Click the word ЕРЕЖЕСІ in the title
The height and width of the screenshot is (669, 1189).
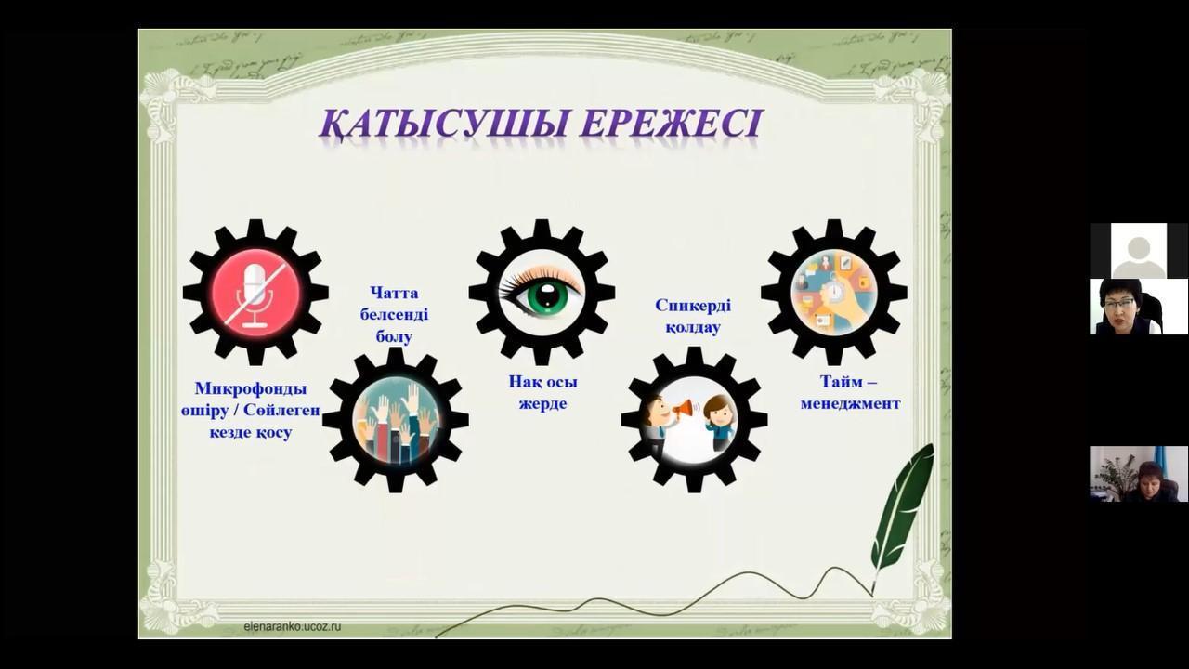coord(671,125)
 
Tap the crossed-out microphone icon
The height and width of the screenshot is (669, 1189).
coord(255,294)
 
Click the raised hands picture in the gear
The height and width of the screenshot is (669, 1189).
coord(396,420)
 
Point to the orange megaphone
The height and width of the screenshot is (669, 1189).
coord(684,408)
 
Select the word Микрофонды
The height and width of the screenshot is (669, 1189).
coord(251,388)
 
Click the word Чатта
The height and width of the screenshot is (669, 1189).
coord(394,293)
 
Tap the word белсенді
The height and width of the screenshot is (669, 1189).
coord(394,314)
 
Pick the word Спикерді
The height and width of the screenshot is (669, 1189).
coord(693,306)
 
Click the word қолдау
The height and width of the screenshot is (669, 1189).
coord(693,328)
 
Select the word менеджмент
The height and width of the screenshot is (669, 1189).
coord(850,404)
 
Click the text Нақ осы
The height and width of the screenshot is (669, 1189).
coord(543,382)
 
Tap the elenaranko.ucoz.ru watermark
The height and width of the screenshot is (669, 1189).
coord(292,626)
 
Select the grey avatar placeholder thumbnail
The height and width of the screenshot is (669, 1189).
coord(1139,251)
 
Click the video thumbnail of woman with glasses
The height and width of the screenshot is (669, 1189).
coord(1139,307)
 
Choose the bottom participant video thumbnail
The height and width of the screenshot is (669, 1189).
coord(1139,474)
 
